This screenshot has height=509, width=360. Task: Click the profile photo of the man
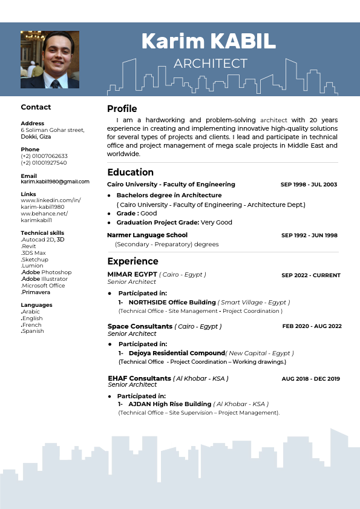tap(50, 60)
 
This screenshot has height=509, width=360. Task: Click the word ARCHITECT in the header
tap(210, 64)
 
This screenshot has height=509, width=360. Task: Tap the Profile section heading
tap(122, 109)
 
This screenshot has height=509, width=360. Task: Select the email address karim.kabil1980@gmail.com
tap(55, 182)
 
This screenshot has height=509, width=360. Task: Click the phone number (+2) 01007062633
tap(44, 156)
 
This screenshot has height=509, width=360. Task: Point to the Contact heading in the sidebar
tap(36, 107)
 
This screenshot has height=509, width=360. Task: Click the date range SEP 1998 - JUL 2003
tap(309, 185)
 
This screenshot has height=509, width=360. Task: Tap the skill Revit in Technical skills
tap(28, 246)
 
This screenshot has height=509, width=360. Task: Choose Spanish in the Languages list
tap(33, 331)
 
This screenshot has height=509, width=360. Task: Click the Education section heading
tap(130, 172)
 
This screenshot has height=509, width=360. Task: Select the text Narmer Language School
tap(147, 235)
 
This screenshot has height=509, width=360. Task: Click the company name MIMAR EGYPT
tap(133, 274)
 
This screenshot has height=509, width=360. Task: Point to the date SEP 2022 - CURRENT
tap(311, 275)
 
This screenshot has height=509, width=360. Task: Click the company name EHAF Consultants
tap(139, 378)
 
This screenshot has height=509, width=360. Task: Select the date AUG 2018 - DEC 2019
tap(310, 379)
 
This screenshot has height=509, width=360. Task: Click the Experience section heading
tap(133, 261)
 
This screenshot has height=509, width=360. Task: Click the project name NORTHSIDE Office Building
tap(172, 302)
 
